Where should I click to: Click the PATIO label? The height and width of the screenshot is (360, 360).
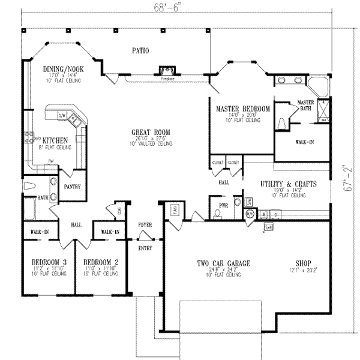(x=142, y=51)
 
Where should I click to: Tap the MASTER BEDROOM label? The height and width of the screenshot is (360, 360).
(x=242, y=109)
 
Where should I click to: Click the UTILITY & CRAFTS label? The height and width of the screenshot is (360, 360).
(x=288, y=184)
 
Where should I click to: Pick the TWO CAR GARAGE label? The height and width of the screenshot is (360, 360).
(x=223, y=263)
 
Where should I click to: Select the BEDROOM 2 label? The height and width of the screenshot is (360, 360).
(x=101, y=263)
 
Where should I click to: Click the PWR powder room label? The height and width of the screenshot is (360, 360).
(x=224, y=205)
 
